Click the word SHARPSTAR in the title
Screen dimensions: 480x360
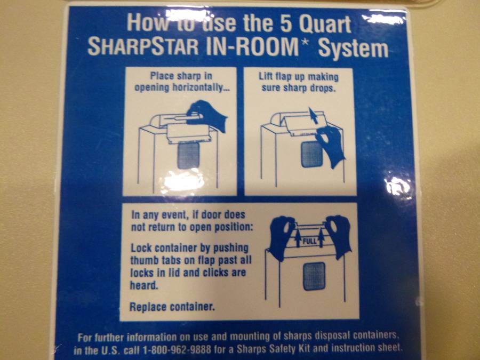coord(143,47)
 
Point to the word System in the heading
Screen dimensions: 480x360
coord(353,49)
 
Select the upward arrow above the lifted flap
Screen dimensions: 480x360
coord(313,115)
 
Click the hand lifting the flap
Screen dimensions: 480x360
coord(330,146)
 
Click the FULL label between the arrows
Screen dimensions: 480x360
coord(309,241)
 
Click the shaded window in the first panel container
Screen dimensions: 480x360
coord(189,156)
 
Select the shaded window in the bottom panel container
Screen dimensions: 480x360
coord(314,276)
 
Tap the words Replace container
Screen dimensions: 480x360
coord(172,307)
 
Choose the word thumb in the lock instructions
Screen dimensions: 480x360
coord(144,260)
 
